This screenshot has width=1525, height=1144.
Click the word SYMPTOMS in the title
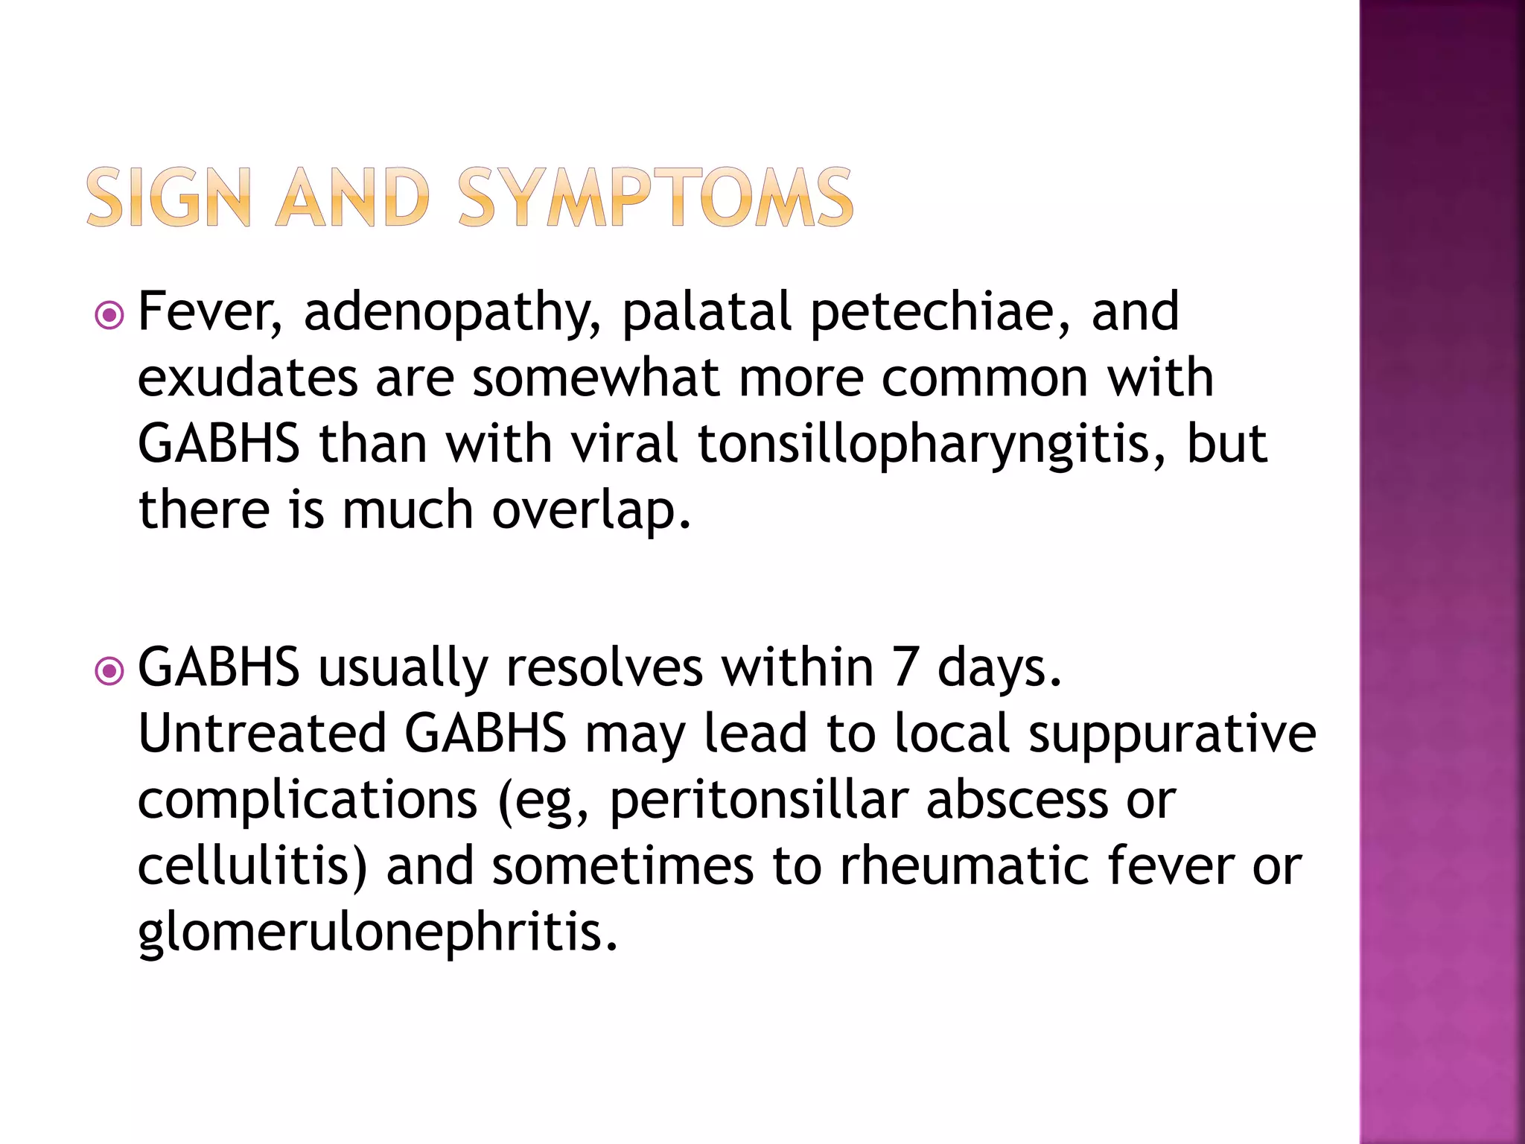tap(655, 197)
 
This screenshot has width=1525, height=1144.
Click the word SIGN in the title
tap(168, 197)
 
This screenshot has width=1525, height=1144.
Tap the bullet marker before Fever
tap(109, 317)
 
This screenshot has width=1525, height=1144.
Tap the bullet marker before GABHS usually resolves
tap(109, 672)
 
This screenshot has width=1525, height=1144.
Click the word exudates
tap(247, 378)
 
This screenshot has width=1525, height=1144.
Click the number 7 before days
tap(905, 667)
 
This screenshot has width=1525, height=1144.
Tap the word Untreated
tap(262, 733)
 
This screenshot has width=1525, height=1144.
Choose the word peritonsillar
tap(759, 801)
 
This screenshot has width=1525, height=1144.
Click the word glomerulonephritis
tap(378, 933)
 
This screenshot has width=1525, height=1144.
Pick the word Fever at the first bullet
tap(211, 313)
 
